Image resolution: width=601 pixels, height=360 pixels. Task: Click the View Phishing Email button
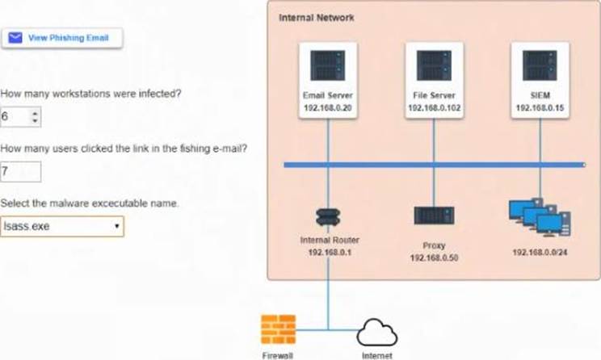[x=61, y=37]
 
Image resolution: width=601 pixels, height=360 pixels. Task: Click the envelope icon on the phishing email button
[x=15, y=37]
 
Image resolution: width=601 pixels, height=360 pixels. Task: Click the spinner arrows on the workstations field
[x=34, y=117]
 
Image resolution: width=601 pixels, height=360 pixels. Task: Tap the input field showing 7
[x=20, y=171]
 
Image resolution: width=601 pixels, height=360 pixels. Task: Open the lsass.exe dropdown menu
[x=62, y=226]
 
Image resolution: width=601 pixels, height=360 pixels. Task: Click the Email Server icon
[x=328, y=65]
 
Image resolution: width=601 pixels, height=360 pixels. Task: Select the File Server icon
[x=434, y=65]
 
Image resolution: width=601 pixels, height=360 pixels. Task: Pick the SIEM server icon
[x=540, y=65]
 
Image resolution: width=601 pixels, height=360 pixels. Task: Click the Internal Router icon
[x=328, y=216]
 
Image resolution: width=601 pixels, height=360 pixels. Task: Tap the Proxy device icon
[x=434, y=216]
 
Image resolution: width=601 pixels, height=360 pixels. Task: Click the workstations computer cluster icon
[x=540, y=216]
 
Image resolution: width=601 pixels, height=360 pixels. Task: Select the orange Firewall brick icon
[x=277, y=329]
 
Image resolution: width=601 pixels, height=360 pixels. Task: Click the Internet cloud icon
[x=376, y=331]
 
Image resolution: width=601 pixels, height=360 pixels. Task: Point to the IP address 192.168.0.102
[x=434, y=107]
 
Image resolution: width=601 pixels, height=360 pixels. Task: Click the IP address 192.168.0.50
[x=434, y=257]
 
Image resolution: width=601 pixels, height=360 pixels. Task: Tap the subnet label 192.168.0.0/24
[x=540, y=252]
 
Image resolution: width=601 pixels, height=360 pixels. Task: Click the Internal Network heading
[x=316, y=17]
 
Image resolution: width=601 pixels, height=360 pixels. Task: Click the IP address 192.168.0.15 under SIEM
[x=540, y=107]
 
